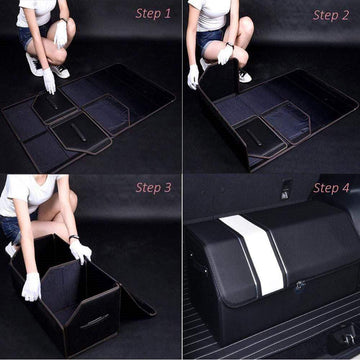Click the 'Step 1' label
pyautogui.click(x=153, y=14)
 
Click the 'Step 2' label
pyautogui.click(x=331, y=15)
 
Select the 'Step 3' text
pyautogui.click(x=153, y=187)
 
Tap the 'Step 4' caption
pyautogui.click(x=331, y=188)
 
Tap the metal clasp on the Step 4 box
pyautogui.click(x=299, y=285)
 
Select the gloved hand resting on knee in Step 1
pyautogui.click(x=61, y=35)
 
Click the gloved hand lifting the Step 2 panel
pyautogui.click(x=192, y=76)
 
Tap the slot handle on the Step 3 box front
pyautogui.click(x=94, y=320)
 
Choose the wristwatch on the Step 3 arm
pyautogui.click(x=72, y=238)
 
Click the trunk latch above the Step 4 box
pyautogui.click(x=286, y=190)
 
